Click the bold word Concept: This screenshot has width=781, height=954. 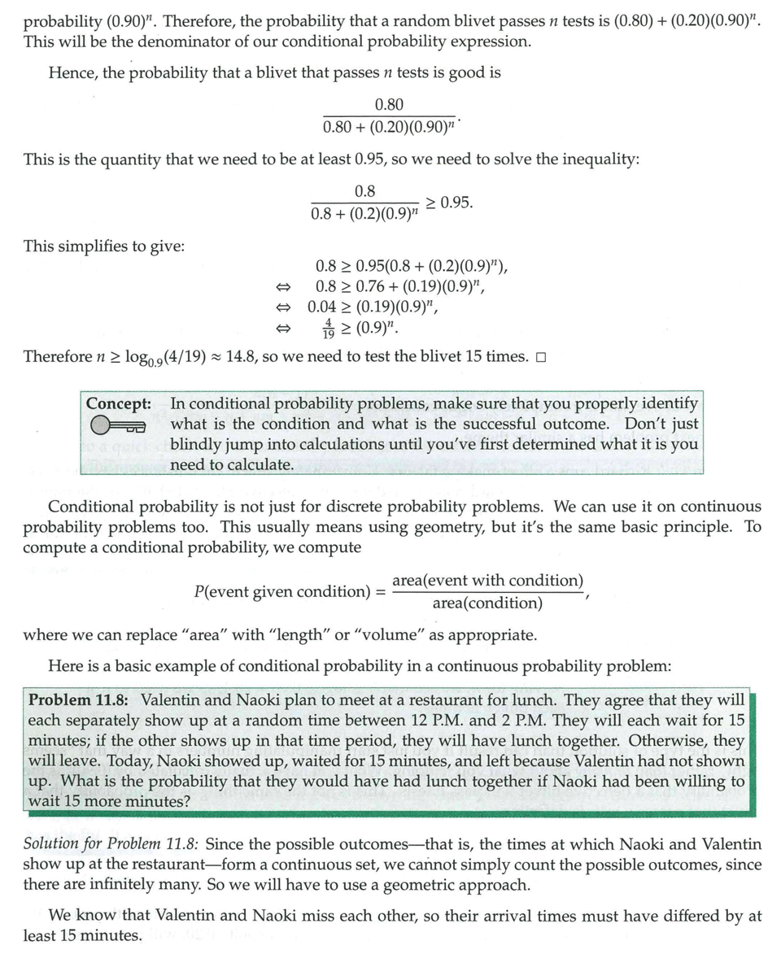click(x=119, y=403)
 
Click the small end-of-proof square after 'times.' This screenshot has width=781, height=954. click(x=541, y=357)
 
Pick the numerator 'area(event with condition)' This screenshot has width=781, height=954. click(x=487, y=580)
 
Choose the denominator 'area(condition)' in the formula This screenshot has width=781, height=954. click(x=486, y=603)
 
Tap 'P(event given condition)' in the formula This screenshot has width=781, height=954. click(x=282, y=591)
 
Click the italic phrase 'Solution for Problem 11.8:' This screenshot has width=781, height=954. click(x=116, y=844)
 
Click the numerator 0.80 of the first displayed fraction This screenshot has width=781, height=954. click(x=389, y=104)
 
